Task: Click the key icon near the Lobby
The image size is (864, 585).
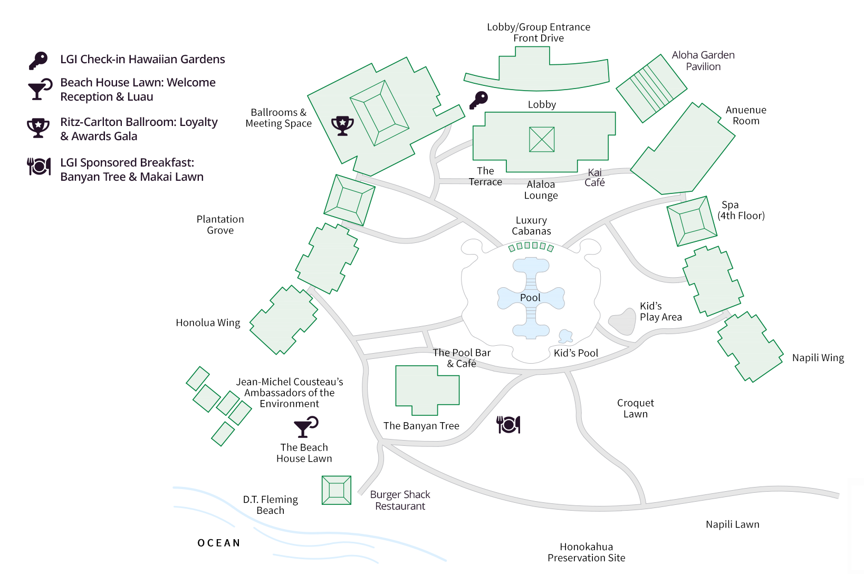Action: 479,100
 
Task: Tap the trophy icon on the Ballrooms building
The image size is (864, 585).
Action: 342,125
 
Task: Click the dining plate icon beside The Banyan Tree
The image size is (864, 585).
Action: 508,424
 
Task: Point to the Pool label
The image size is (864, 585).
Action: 530,298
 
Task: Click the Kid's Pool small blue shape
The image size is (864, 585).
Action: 565,335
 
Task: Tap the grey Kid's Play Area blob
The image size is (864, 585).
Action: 623,321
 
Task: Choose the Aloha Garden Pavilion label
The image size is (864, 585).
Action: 703,61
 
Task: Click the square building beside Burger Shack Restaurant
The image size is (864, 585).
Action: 337,490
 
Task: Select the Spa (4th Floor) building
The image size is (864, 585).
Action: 692,221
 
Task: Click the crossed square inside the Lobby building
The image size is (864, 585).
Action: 542,140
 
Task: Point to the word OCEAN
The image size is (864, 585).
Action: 219,543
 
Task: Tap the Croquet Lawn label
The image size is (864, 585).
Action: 636,408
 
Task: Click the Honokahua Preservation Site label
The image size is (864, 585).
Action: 586,552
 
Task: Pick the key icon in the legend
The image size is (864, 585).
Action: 38,61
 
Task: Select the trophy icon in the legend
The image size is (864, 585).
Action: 38,128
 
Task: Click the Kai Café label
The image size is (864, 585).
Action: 594,178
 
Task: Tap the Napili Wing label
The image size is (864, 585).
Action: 818,358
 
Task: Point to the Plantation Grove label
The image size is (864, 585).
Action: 220,225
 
